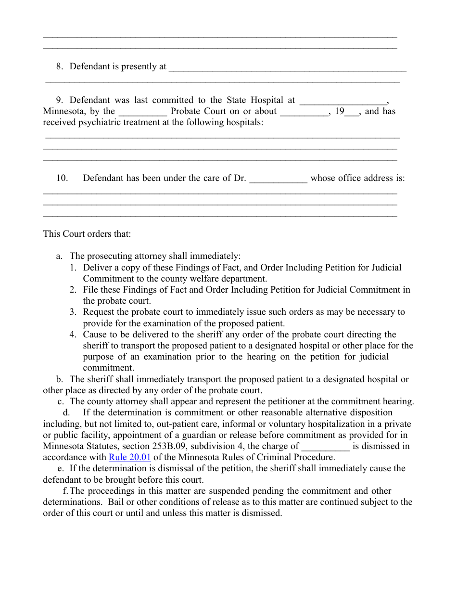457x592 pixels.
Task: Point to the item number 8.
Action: [x=59, y=66]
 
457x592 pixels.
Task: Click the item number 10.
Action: [x=62, y=178]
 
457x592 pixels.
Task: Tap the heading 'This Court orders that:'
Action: [x=87, y=234]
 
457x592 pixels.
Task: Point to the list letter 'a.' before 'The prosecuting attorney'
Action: [x=59, y=256]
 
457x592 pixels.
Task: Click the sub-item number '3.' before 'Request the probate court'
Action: [x=73, y=312]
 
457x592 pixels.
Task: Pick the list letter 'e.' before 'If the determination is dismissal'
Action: [x=61, y=468]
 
